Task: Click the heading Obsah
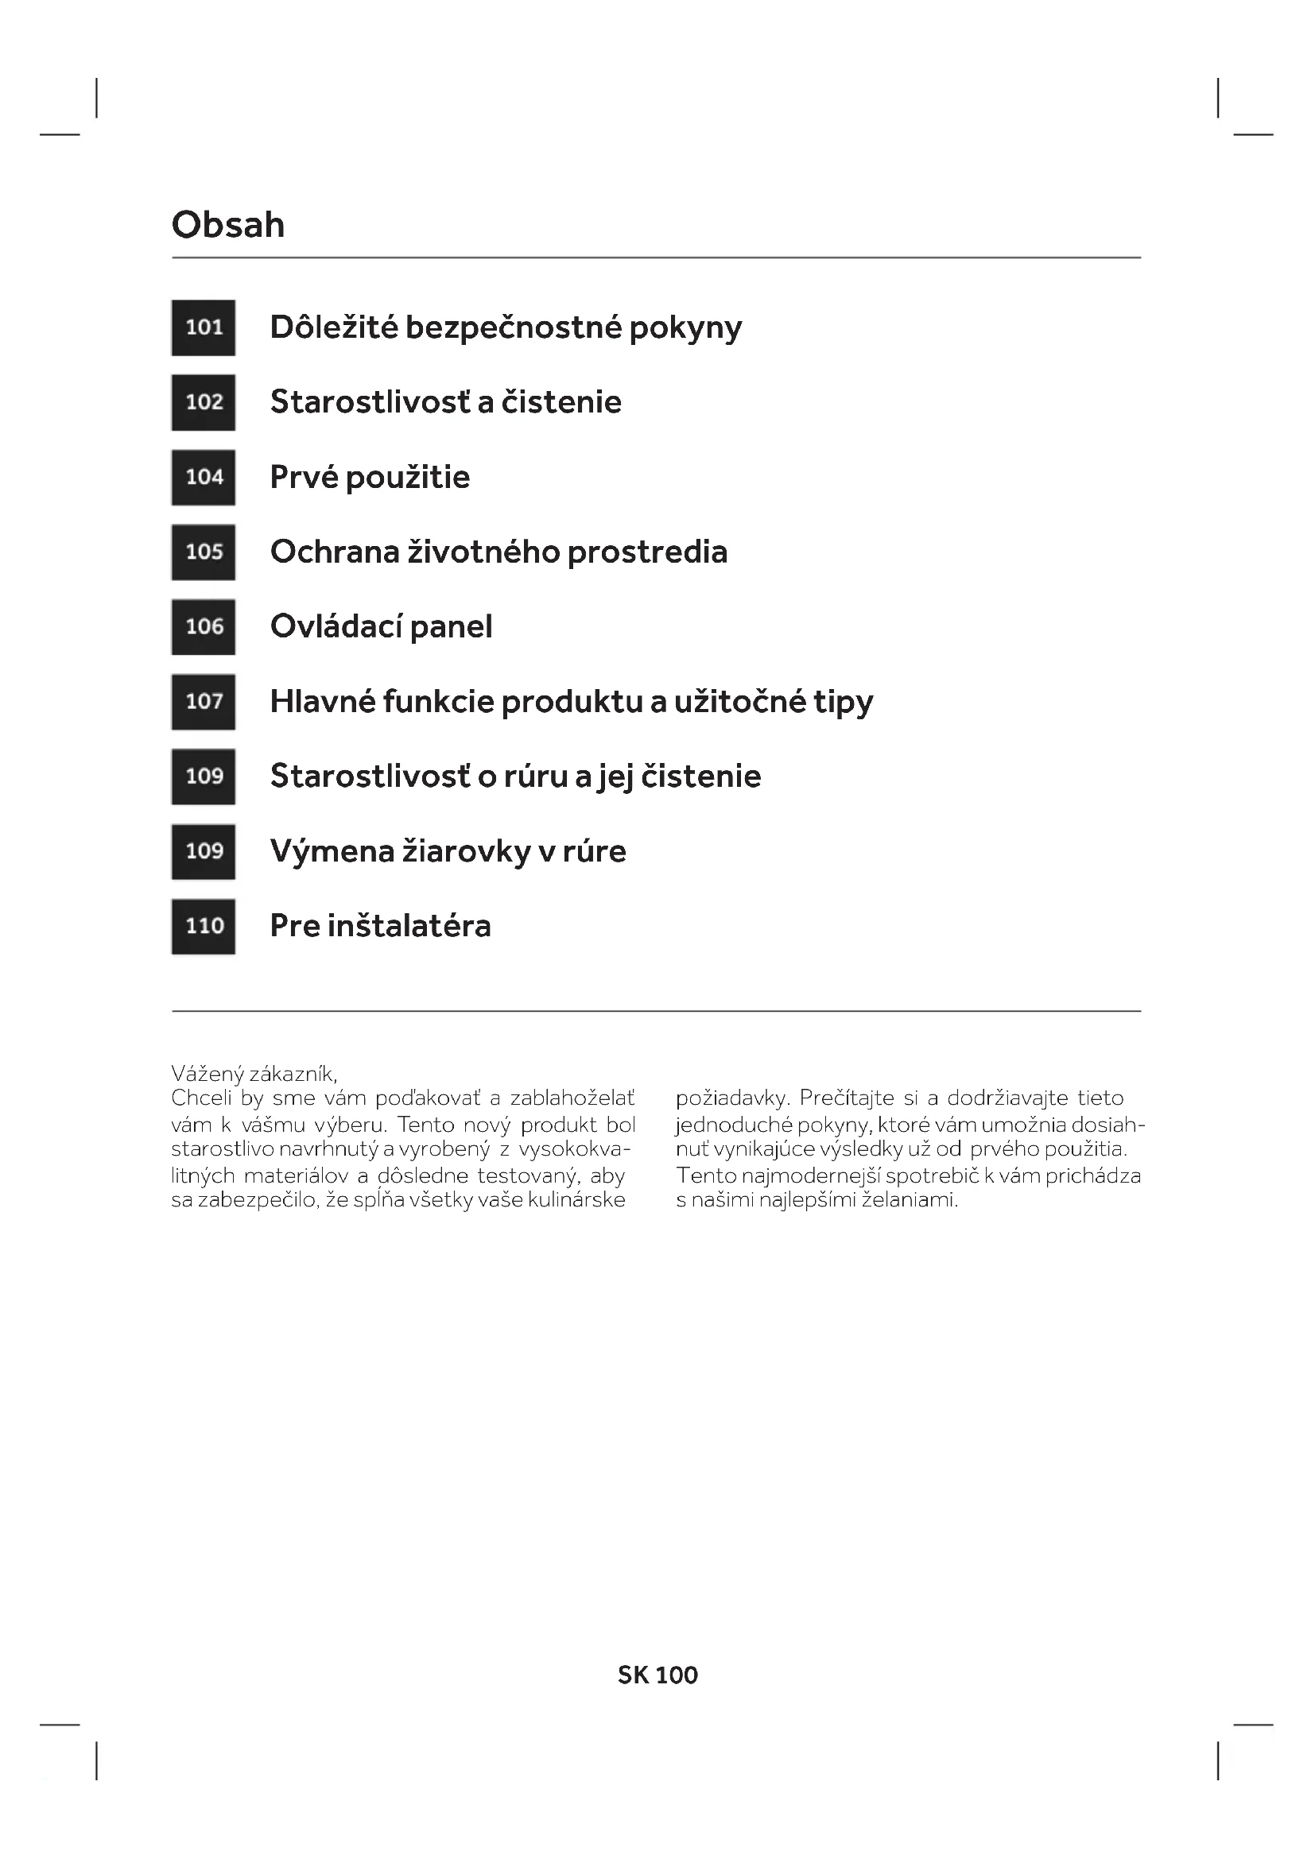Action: pyautogui.click(x=227, y=225)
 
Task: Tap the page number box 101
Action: pyautogui.click(x=204, y=328)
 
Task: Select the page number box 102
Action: pyautogui.click(x=204, y=402)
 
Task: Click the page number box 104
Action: pyautogui.click(x=204, y=478)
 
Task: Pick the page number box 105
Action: pyautogui.click(x=204, y=552)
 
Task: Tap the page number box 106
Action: pyautogui.click(x=204, y=626)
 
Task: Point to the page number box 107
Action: pyautogui.click(x=204, y=702)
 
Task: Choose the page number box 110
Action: pyautogui.click(x=204, y=926)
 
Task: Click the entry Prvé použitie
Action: pyautogui.click(x=369, y=478)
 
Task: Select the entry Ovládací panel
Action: pyautogui.click(x=381, y=626)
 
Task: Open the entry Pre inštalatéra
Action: pyautogui.click(x=380, y=926)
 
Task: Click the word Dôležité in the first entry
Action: pyautogui.click(x=334, y=328)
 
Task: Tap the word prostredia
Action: pyautogui.click(x=647, y=552)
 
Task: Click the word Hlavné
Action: pyautogui.click(x=321, y=702)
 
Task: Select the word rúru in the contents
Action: pyautogui.click(x=535, y=777)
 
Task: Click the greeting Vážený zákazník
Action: pyautogui.click(x=254, y=1074)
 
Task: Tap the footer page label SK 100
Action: pyautogui.click(x=657, y=1675)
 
